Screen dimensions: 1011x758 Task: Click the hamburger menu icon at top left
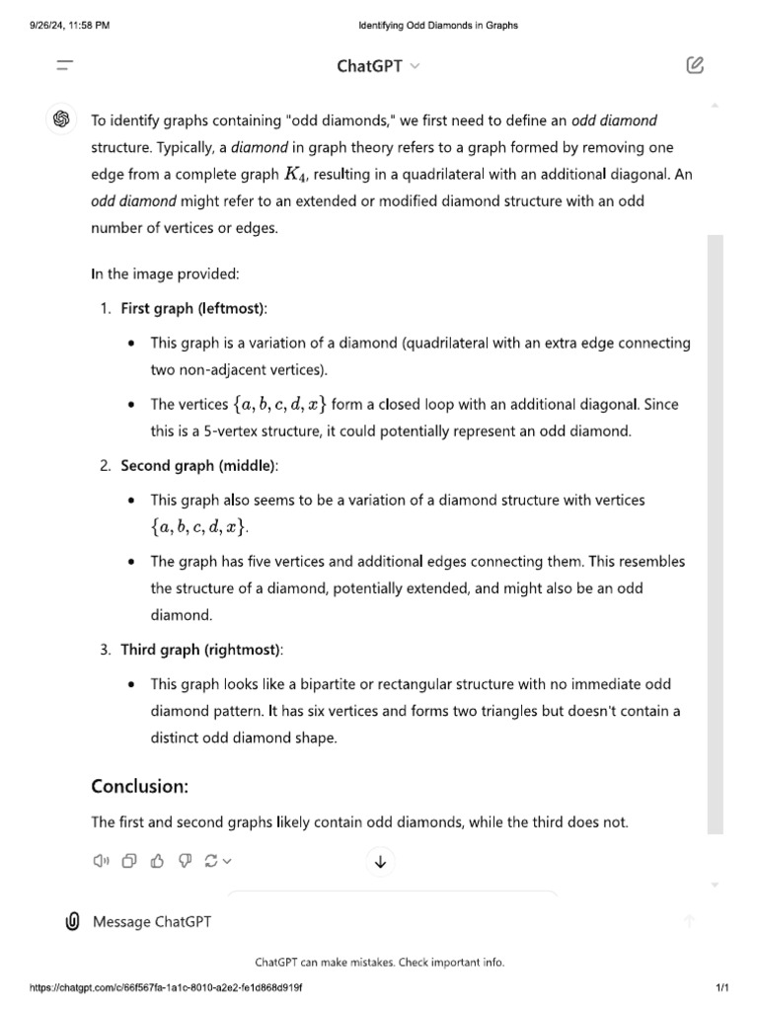point(65,66)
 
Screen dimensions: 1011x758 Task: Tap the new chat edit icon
point(695,66)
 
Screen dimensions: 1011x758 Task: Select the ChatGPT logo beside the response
point(61,119)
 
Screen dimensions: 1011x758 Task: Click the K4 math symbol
point(295,174)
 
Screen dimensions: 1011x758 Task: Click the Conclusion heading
point(139,786)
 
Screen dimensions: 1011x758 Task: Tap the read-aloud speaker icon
point(100,861)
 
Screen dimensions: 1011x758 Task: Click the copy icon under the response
point(128,861)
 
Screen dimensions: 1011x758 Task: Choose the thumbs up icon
point(156,861)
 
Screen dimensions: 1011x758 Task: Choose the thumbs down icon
point(184,861)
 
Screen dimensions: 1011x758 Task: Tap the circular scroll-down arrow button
point(380,862)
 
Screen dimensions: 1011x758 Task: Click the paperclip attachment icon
point(72,921)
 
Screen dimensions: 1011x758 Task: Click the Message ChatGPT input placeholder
point(151,921)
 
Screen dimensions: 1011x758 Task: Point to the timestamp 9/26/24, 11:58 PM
point(70,26)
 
